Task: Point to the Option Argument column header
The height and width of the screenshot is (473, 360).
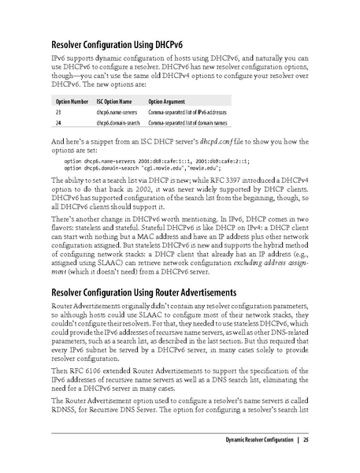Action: click(x=167, y=102)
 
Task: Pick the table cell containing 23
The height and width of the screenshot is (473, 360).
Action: click(x=58, y=113)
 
